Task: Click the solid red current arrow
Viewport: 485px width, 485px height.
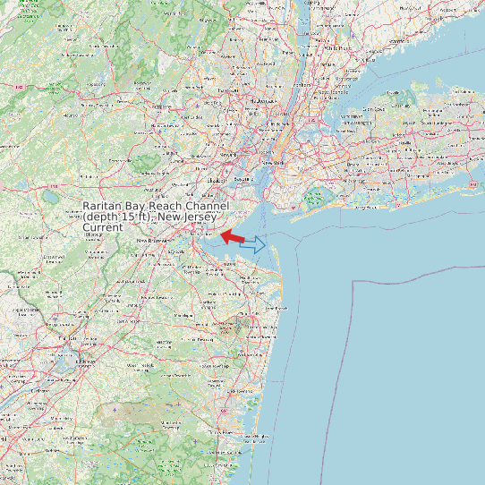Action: (x=233, y=236)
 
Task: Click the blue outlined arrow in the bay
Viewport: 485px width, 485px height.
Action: (x=253, y=243)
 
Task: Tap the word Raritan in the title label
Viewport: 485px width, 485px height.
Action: (x=106, y=207)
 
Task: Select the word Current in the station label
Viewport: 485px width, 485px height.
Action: (x=102, y=228)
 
